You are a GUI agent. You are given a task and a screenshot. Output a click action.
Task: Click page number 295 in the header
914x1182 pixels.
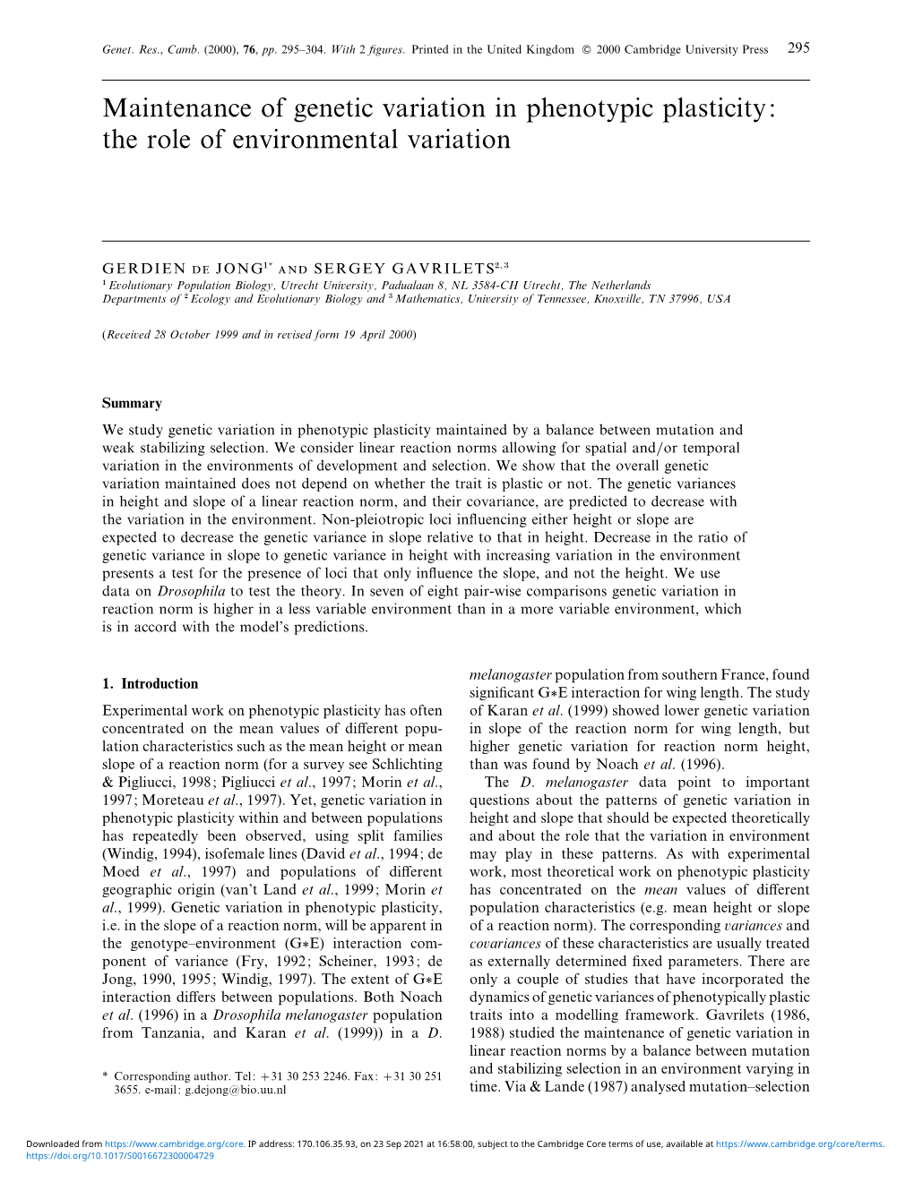click(798, 48)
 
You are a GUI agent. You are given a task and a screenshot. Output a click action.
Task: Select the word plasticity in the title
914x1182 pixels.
click(694, 108)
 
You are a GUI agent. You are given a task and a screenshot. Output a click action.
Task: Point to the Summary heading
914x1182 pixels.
click(132, 404)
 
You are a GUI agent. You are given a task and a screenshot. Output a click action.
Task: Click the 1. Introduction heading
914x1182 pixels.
click(151, 684)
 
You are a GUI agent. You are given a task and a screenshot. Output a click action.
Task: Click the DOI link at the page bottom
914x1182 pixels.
click(120, 1155)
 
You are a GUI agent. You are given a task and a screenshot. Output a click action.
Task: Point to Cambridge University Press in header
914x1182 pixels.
click(695, 50)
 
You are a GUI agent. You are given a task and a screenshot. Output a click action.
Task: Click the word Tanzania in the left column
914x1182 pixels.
click(173, 1033)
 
